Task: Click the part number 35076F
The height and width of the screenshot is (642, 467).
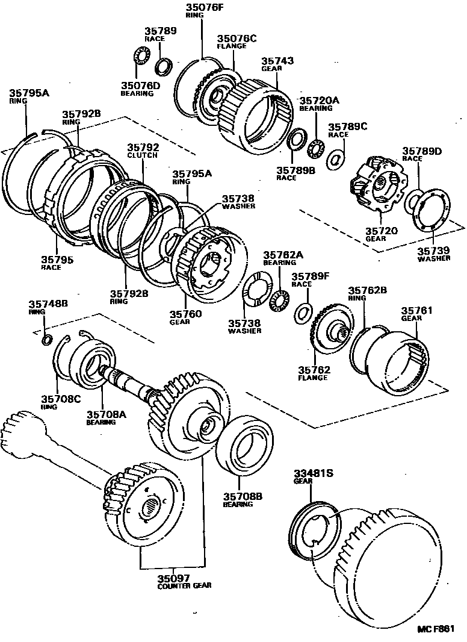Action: coord(204,7)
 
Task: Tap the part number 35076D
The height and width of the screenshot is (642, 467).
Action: coord(140,86)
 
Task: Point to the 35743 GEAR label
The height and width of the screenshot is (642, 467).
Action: coord(277,61)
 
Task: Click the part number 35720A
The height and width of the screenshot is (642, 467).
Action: coord(320,101)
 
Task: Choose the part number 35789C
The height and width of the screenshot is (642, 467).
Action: coord(347,127)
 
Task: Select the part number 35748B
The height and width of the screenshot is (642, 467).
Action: coord(49,304)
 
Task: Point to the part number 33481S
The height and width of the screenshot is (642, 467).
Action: coord(313,473)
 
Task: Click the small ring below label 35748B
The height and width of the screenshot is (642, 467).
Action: coord(46,341)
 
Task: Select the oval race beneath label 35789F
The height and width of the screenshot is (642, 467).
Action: coord(304,313)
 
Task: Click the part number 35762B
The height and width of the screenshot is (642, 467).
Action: coord(367,290)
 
